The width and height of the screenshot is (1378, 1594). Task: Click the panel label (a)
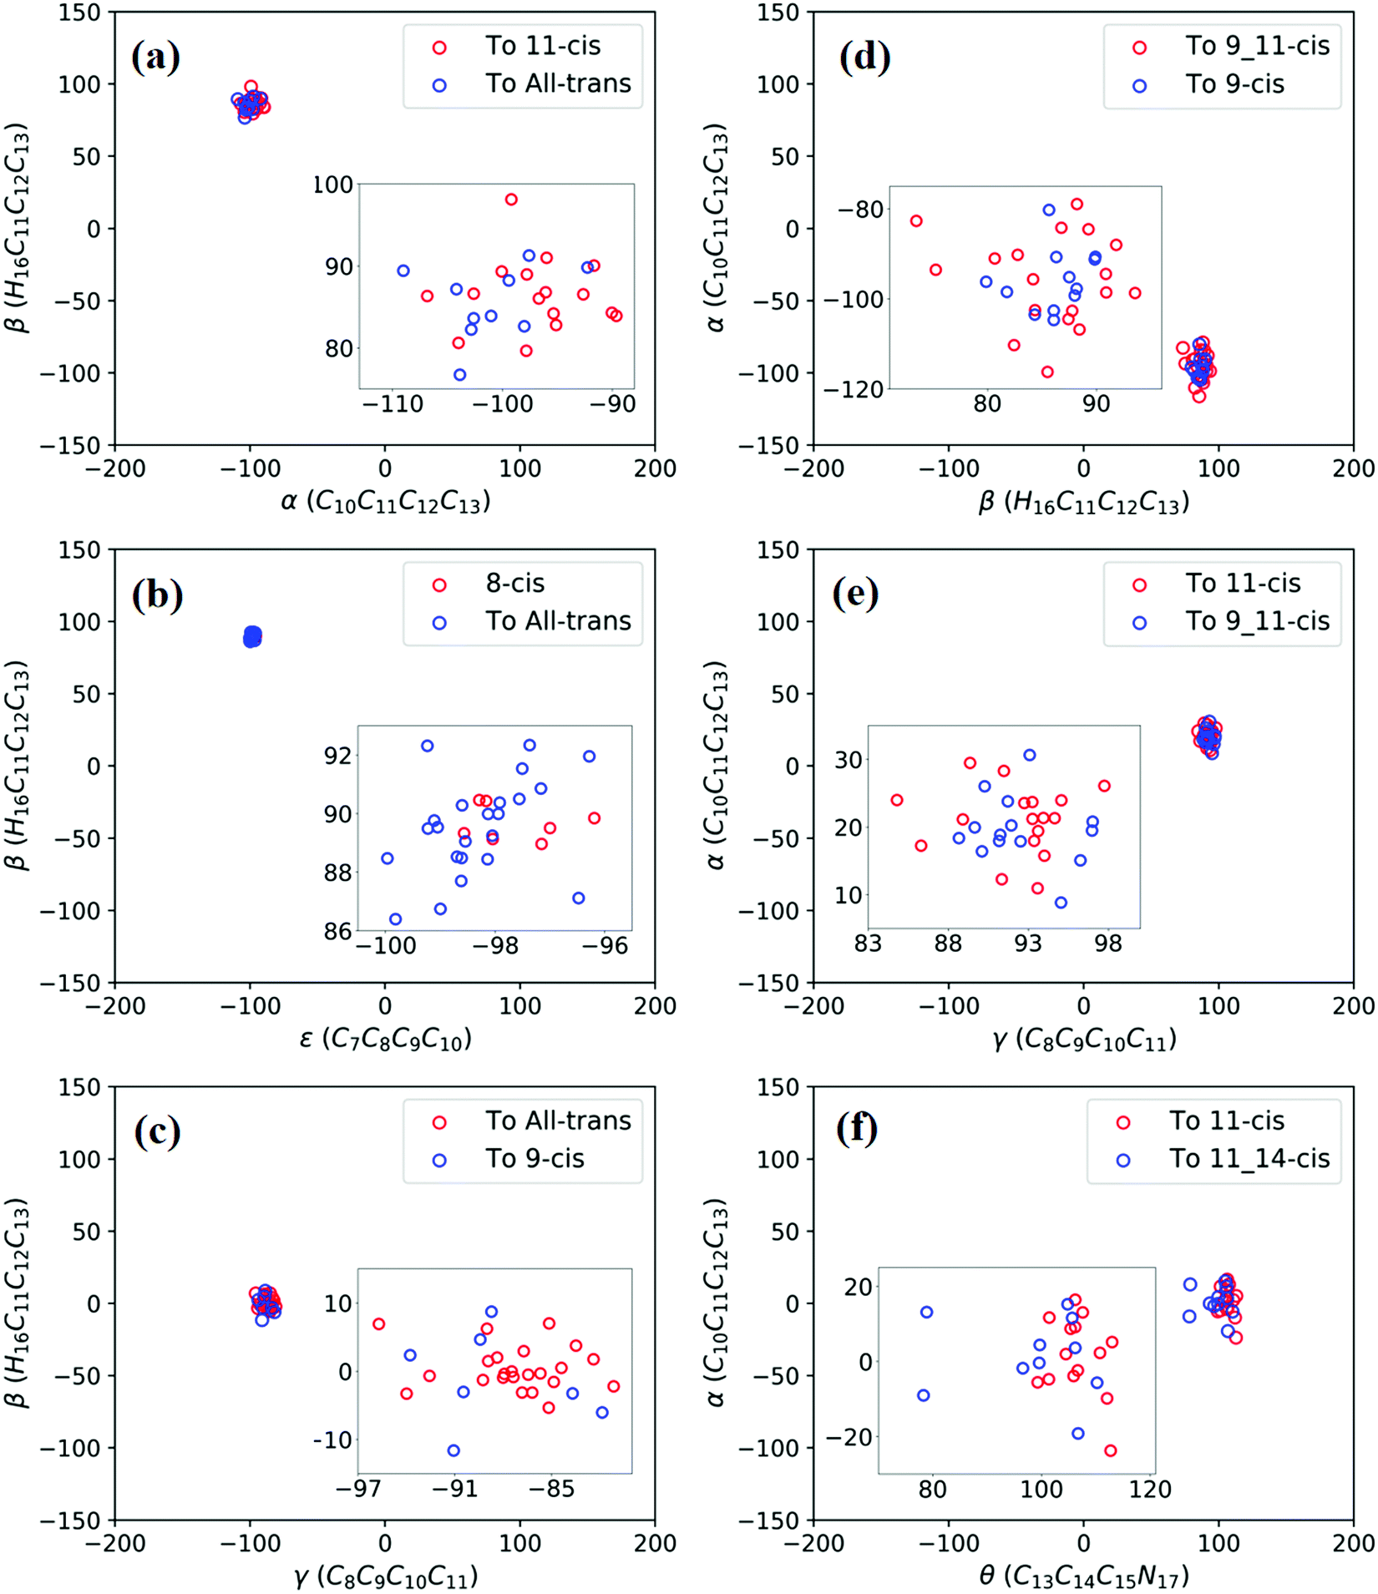tap(155, 58)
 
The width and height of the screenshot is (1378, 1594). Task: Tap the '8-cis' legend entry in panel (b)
tap(514, 584)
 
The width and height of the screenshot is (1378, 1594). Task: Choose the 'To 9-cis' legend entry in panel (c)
tap(534, 1158)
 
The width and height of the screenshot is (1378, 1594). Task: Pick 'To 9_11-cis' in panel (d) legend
tap(1256, 46)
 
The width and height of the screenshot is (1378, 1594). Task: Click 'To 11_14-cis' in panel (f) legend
tap(1249, 1158)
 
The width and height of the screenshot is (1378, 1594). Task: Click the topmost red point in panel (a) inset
tap(511, 200)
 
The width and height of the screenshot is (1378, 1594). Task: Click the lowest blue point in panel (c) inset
tap(453, 1450)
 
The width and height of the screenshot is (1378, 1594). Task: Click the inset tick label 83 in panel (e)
tap(868, 944)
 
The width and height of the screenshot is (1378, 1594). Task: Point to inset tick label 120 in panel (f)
tap(1150, 1490)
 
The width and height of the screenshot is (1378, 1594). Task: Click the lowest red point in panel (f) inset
tap(1110, 1450)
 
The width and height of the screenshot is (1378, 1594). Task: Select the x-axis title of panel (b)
tap(385, 1039)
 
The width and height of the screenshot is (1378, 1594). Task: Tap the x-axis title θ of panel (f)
tap(1083, 1576)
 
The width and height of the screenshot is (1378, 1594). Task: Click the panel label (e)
tap(855, 595)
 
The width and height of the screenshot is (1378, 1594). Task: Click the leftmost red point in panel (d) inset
tap(916, 221)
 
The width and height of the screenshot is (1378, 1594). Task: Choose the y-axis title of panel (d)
tap(717, 228)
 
